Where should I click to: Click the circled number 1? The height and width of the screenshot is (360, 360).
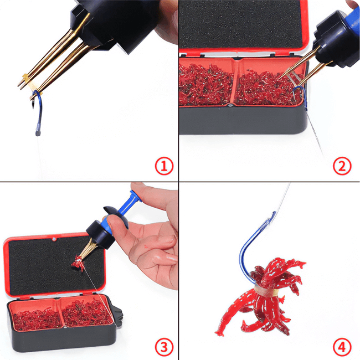coord(164,166)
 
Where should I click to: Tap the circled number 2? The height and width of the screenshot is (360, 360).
coord(342,166)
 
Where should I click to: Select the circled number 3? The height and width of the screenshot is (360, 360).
coord(164,347)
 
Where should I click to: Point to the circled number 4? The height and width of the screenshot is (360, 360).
coord(342,347)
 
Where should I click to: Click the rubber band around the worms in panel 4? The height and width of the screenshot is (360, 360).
coord(266,290)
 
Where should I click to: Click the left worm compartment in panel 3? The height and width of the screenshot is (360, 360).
coord(35,317)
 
